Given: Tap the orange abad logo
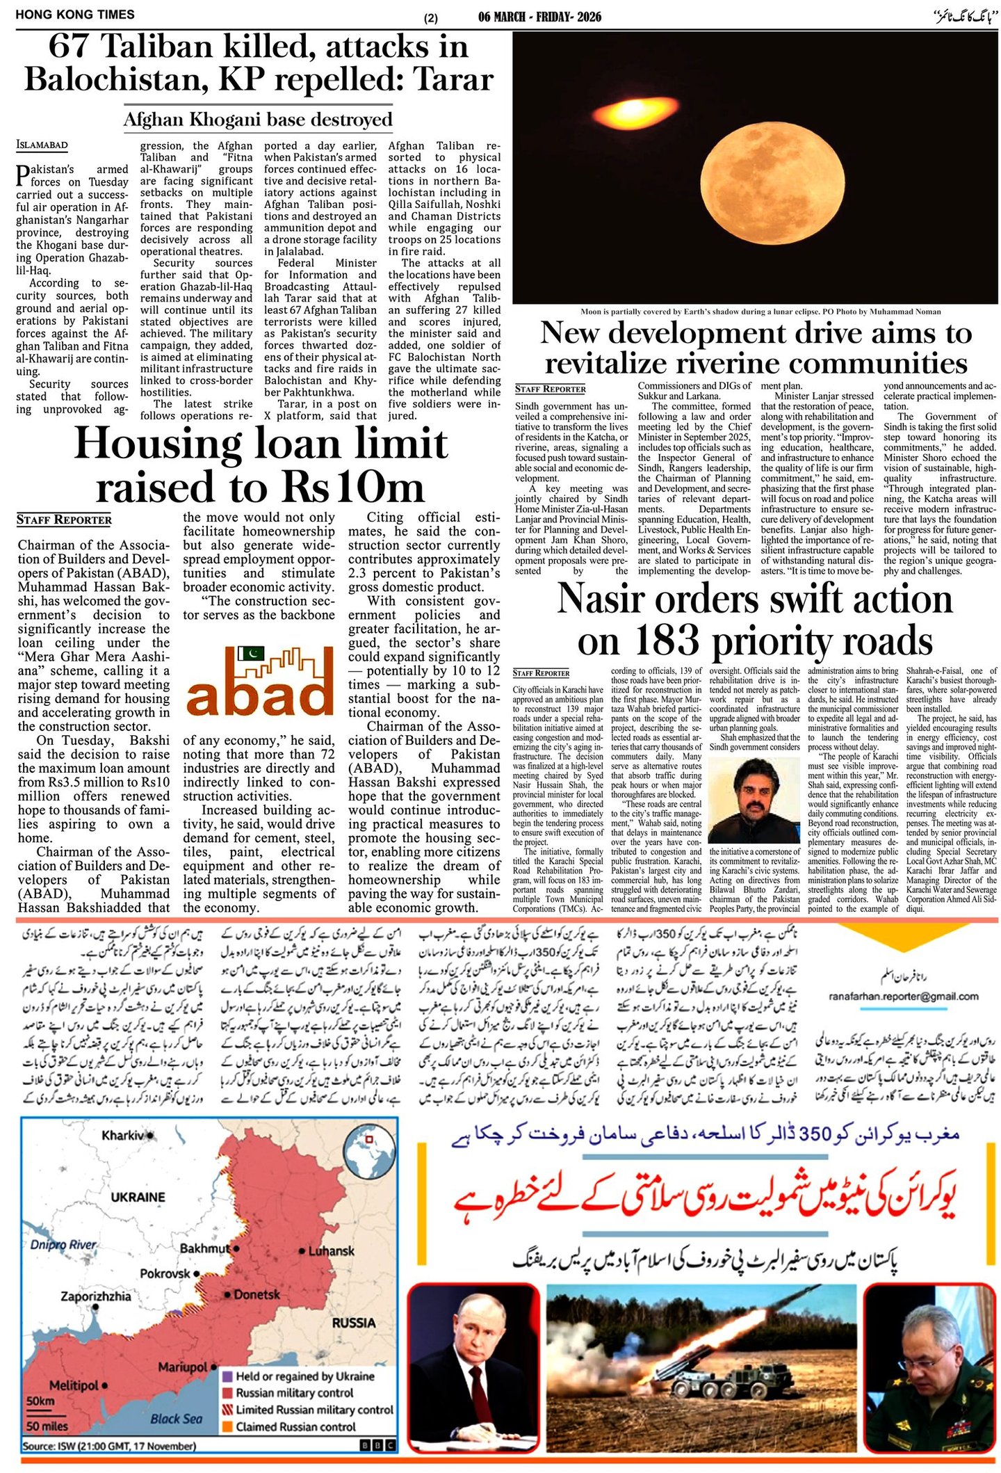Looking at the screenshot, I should point(260,680).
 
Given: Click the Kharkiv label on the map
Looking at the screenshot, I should point(123,1136).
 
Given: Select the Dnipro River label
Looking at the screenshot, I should point(63,1244).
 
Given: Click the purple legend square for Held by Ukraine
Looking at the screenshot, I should point(227,1376).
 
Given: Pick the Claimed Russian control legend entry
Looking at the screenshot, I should point(295,1426).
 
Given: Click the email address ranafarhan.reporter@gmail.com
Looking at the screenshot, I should point(904,996).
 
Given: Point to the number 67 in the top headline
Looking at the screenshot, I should point(71,47).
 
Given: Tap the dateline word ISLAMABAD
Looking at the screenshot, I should point(42,145).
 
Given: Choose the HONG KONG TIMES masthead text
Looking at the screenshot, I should point(75,15).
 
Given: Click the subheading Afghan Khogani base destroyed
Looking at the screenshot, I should point(258,120).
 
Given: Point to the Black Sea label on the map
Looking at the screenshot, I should point(177,1419).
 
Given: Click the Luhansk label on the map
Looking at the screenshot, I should point(331,1250).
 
